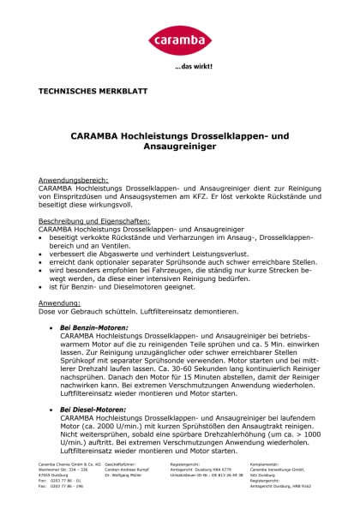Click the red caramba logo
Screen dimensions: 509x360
click(x=180, y=39)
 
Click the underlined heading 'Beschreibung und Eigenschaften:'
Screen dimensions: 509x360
click(x=94, y=220)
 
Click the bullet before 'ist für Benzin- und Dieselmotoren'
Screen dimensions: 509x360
click(x=42, y=285)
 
